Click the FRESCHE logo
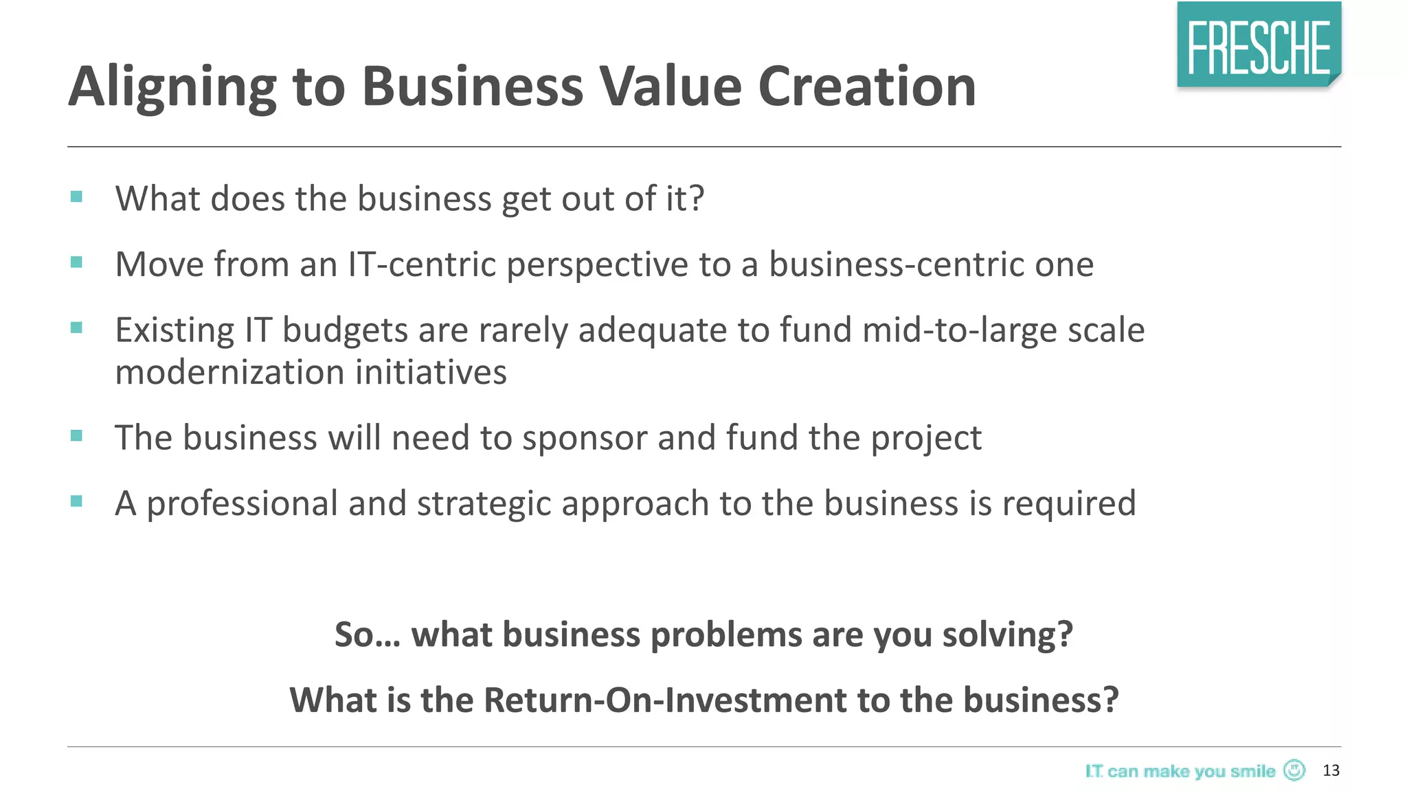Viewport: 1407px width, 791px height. pos(1259,45)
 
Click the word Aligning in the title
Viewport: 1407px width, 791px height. pos(172,88)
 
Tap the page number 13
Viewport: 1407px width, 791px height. pos(1331,770)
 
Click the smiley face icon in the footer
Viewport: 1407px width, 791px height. pos(1294,770)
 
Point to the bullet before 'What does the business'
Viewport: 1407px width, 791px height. pos(76,197)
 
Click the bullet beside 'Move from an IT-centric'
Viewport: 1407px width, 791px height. pos(76,262)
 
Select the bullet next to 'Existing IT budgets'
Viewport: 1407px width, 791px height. pos(76,328)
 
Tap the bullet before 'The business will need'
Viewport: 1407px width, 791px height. pos(76,435)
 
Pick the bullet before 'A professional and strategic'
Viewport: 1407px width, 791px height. pos(76,501)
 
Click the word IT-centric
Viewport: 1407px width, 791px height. pos(422,264)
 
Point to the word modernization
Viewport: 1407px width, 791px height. pos(229,372)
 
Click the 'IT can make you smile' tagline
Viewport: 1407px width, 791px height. pos(1180,771)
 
